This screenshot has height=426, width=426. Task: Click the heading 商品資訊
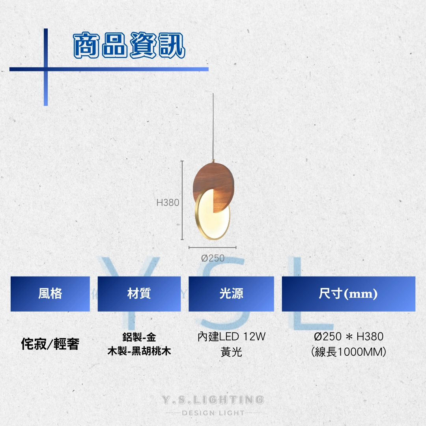click(129, 45)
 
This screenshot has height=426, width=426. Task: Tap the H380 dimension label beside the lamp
click(168, 202)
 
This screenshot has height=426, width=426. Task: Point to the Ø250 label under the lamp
click(213, 258)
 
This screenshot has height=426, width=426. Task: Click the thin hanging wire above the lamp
click(213, 126)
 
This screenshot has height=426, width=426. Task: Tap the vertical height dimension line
click(182, 200)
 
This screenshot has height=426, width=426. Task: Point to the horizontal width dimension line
click(213, 247)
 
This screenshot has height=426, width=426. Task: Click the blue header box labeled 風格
click(50, 294)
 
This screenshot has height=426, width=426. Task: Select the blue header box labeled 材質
click(139, 294)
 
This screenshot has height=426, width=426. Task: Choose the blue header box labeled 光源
click(231, 294)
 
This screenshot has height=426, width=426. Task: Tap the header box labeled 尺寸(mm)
click(349, 294)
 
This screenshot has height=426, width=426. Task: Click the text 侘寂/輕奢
click(50, 344)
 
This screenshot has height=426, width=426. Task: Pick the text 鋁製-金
click(139, 337)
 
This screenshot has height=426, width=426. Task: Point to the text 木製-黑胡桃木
click(139, 351)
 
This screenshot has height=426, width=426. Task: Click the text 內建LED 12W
click(232, 336)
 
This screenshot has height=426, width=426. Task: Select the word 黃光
click(232, 352)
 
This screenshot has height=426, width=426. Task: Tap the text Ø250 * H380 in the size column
click(349, 336)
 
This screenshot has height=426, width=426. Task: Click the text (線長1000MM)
click(349, 352)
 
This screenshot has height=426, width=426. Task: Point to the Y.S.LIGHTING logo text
click(213, 400)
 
